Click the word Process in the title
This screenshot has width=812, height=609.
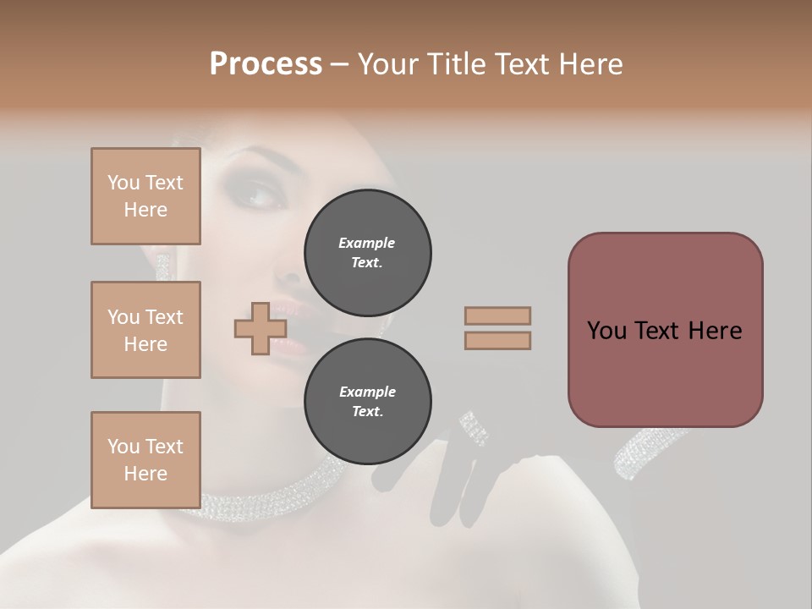266,64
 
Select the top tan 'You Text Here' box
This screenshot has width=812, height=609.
145,196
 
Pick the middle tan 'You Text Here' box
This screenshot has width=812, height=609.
145,330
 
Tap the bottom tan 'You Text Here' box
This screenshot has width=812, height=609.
145,460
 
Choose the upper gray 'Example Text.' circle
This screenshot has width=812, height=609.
367,253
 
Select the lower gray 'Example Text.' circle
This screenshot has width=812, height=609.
367,402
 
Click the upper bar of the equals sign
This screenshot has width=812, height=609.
497,315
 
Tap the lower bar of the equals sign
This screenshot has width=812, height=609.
497,340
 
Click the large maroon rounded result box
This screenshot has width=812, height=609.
665,330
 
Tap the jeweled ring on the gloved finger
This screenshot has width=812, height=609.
475,428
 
